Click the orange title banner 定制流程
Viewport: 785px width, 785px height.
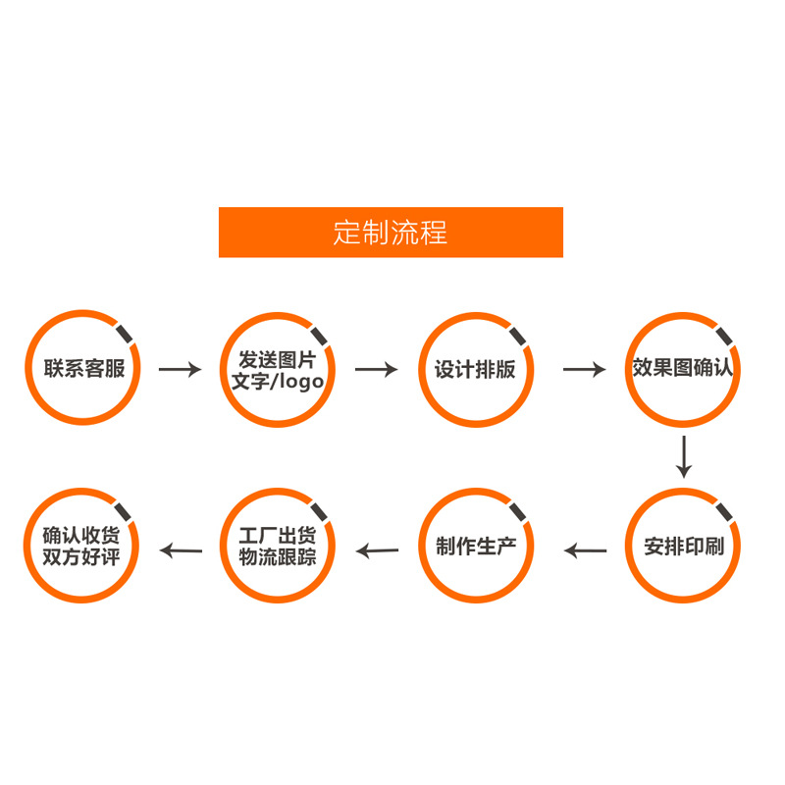391,233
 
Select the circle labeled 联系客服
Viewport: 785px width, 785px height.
83,369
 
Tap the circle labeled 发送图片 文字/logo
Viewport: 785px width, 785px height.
278,369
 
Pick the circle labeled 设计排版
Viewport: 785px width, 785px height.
475,369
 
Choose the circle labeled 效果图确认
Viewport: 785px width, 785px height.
683,369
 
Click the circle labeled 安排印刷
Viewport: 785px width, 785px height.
683,546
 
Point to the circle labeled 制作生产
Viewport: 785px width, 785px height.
475,546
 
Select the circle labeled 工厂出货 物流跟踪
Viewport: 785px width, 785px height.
278,546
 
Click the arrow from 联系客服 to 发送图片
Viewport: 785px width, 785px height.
180,370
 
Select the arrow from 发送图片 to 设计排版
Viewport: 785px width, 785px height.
376,370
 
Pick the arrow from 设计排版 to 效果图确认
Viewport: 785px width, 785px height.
584,370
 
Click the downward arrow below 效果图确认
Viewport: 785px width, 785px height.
684,457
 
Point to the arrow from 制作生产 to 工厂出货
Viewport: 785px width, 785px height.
377,550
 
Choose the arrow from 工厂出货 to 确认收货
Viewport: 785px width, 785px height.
181,550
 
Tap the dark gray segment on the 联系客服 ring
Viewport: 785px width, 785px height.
127,334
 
